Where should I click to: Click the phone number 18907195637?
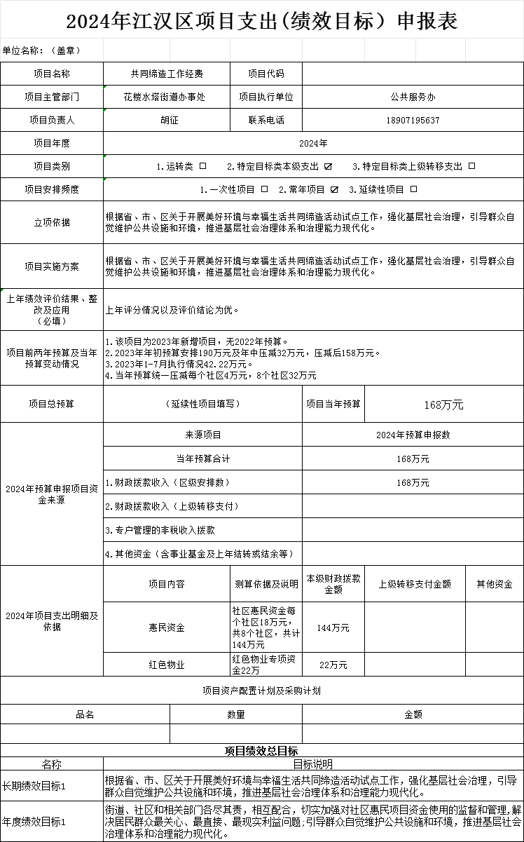click(x=413, y=121)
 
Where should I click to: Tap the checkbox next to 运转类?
click(x=203, y=167)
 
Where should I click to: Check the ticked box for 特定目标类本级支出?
click(x=328, y=167)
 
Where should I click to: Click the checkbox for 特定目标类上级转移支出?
click(x=471, y=167)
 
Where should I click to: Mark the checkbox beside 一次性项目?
click(x=264, y=189)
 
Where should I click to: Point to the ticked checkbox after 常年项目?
click(x=334, y=189)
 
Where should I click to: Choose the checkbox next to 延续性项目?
click(x=413, y=189)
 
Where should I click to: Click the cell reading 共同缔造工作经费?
click(x=167, y=74)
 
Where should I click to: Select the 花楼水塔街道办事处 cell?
click(x=165, y=97)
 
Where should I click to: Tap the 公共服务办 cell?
click(x=413, y=97)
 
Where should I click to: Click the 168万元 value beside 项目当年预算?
click(x=443, y=405)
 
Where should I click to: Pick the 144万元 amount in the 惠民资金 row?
click(x=333, y=628)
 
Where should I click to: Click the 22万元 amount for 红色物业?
click(x=333, y=665)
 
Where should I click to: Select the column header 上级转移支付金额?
click(x=415, y=584)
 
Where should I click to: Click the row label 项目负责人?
click(x=52, y=121)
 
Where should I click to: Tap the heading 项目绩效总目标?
click(x=261, y=752)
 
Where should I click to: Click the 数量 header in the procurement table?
click(x=236, y=714)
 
